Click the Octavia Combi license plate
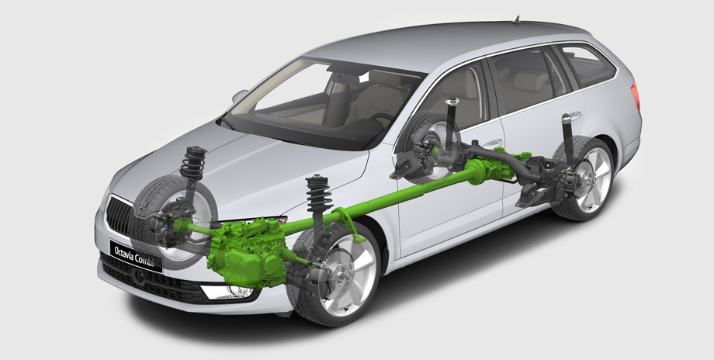136,257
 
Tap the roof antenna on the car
516,19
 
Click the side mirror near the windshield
240,95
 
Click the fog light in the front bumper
227,292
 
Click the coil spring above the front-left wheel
192,164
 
